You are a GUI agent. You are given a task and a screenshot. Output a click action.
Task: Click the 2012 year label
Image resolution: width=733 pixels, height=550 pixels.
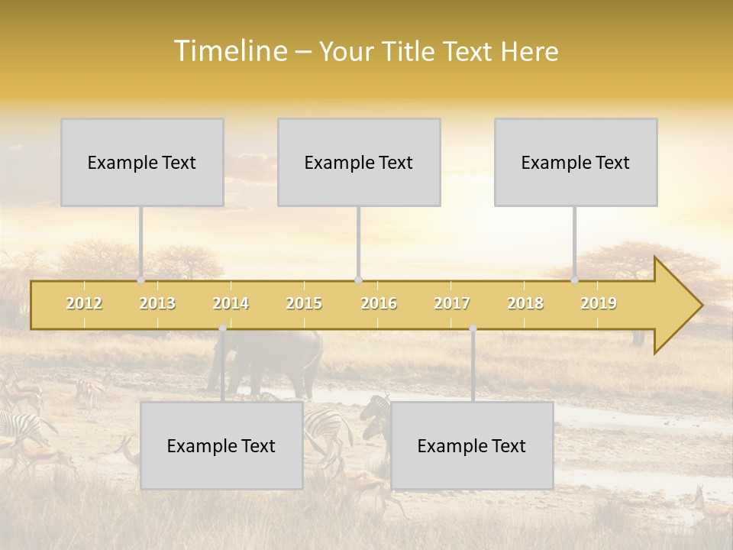[x=84, y=303]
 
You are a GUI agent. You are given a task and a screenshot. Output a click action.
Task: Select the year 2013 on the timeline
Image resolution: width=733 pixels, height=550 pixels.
[x=157, y=303]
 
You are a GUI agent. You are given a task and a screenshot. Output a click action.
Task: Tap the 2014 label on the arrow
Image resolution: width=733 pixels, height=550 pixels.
[x=231, y=303]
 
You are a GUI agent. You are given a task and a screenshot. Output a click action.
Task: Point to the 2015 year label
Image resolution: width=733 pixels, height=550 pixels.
[x=304, y=303]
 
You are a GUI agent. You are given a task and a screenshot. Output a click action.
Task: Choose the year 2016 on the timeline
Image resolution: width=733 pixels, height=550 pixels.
[x=379, y=303]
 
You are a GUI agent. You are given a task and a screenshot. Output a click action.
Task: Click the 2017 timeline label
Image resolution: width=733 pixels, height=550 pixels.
[x=452, y=303]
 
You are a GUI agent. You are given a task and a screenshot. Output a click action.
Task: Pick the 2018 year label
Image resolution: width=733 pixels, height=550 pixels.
[x=525, y=303]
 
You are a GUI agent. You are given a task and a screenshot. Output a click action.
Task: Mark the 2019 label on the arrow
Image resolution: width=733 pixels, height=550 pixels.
[x=599, y=303]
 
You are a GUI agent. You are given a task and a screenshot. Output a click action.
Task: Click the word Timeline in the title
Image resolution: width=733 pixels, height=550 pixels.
[x=228, y=51]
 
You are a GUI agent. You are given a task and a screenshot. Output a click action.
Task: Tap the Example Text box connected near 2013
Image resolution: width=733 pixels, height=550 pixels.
[x=142, y=162]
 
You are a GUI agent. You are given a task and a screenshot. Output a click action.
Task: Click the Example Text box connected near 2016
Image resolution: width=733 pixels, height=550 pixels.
[x=359, y=162]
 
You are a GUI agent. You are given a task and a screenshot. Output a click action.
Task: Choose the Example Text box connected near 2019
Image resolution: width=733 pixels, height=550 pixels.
[x=576, y=162]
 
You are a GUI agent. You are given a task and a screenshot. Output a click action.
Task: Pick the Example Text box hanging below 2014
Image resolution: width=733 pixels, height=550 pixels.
[x=221, y=445]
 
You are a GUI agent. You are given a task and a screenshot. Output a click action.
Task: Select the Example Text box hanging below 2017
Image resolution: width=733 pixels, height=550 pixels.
[x=472, y=445]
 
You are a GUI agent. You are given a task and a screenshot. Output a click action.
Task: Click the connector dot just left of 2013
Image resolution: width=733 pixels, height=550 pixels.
[x=140, y=280]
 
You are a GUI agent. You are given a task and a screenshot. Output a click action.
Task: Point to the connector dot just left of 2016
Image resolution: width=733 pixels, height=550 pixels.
[x=358, y=280]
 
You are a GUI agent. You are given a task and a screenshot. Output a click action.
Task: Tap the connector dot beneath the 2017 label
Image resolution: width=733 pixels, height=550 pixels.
[x=473, y=328]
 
